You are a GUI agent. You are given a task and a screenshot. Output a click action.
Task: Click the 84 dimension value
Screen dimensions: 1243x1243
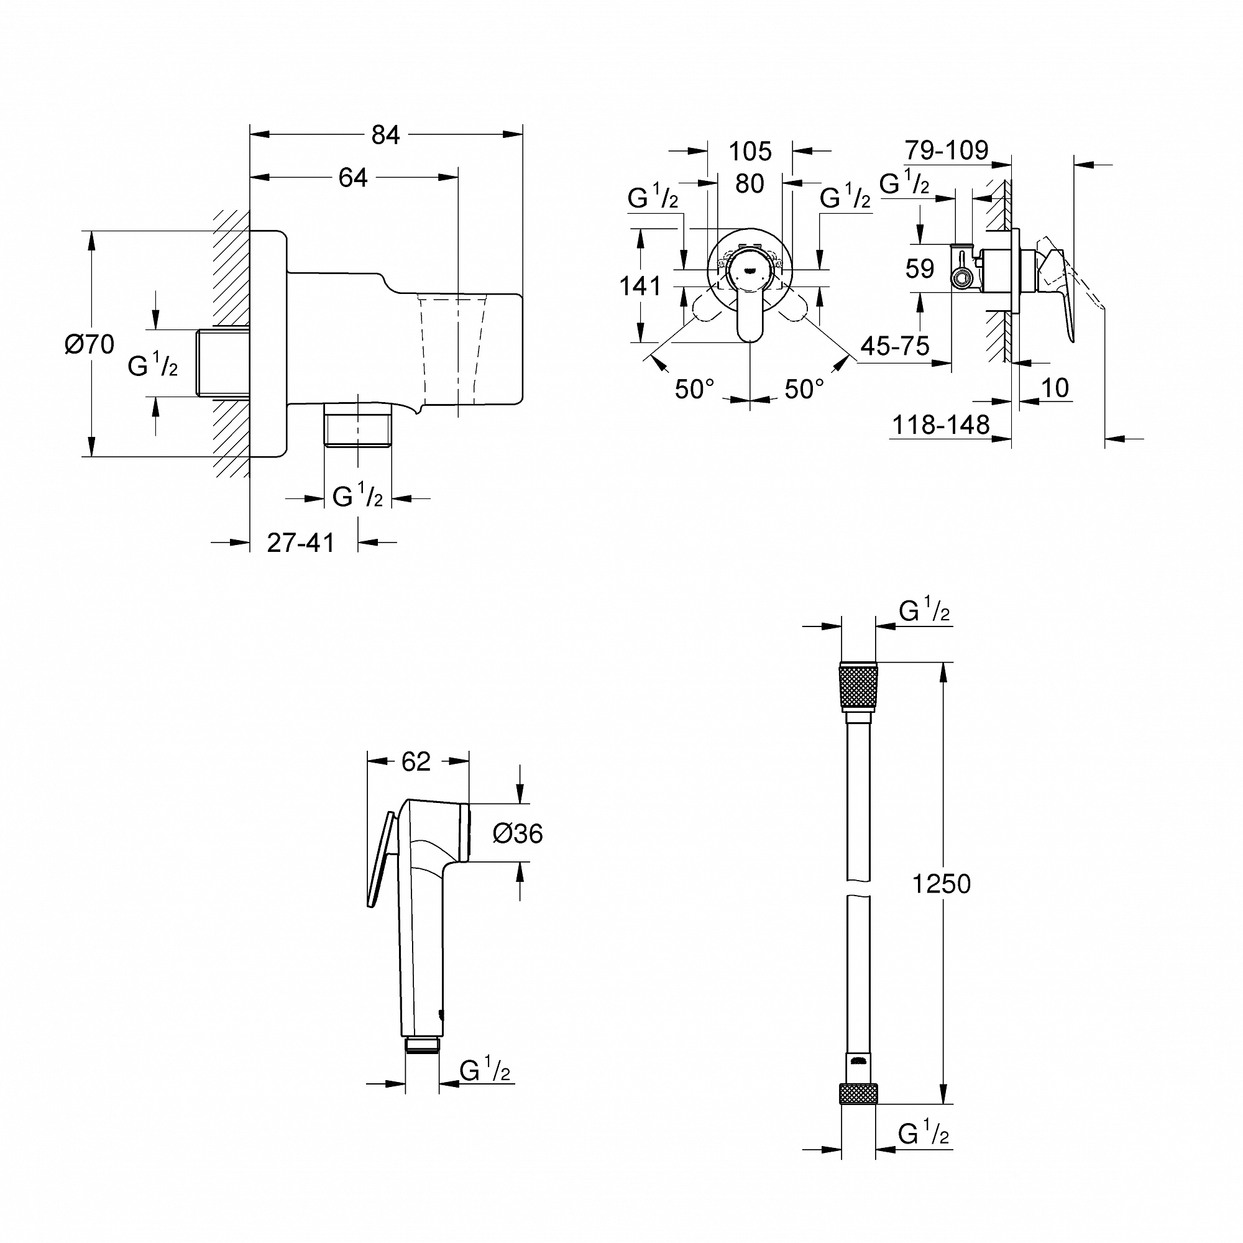[x=385, y=135]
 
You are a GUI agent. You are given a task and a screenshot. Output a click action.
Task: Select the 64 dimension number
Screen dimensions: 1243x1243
[x=353, y=178]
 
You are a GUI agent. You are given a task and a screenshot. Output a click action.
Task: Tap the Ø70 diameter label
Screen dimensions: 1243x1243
[x=89, y=344]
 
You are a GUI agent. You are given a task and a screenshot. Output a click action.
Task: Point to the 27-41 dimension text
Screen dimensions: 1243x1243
[x=300, y=543]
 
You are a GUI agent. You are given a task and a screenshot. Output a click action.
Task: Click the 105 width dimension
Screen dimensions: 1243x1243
[x=750, y=152]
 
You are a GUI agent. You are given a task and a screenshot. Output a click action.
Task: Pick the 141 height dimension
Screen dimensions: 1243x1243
[x=640, y=286]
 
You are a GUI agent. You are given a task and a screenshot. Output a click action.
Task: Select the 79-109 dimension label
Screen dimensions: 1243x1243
[x=947, y=150]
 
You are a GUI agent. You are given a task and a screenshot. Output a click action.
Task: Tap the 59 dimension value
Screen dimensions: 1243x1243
[x=919, y=268]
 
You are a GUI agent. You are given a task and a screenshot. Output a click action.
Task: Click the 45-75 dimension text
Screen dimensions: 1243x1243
[x=895, y=346]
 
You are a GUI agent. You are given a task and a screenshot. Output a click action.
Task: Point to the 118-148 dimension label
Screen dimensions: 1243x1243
[x=940, y=424]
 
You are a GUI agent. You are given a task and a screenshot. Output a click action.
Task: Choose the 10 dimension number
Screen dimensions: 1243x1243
[x=1055, y=388]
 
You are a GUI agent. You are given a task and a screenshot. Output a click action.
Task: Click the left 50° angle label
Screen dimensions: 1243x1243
[x=694, y=388]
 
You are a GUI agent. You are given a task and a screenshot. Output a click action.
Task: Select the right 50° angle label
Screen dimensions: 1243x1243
[x=804, y=388]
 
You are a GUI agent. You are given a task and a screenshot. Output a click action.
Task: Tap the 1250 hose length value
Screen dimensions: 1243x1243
[x=941, y=884]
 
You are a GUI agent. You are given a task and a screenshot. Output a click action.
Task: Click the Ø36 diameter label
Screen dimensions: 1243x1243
[x=517, y=834]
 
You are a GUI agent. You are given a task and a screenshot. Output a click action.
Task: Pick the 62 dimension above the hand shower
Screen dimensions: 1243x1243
[x=416, y=762]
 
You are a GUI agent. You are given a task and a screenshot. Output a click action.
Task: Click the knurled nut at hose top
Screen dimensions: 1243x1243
[x=858, y=687]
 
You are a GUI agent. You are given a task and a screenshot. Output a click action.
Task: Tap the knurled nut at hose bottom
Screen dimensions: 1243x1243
[x=858, y=1094]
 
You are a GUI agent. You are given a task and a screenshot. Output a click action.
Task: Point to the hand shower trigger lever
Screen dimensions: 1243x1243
[x=380, y=860]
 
